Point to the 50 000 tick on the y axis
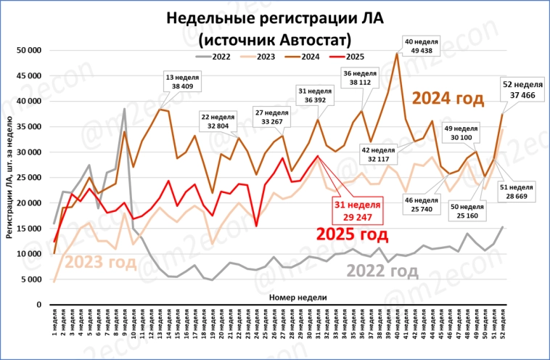[30, 50]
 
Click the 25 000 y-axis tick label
[30, 178]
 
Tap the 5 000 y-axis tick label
[32, 279]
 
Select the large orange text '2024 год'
[447, 98]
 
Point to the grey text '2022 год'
[382, 270]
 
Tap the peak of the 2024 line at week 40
[397, 53]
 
